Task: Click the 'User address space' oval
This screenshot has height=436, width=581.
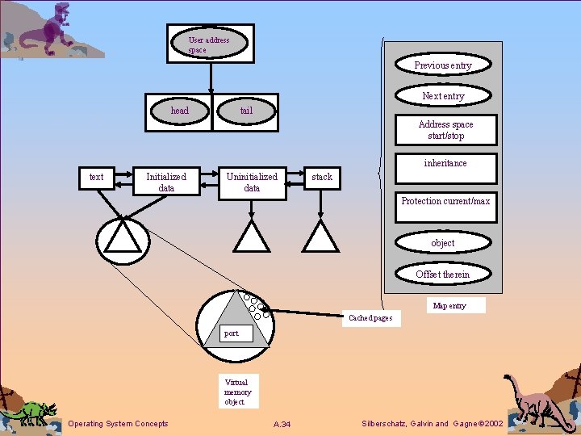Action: [x=209, y=43]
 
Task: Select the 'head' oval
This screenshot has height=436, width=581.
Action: [x=180, y=111]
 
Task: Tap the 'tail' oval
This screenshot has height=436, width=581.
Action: [x=246, y=111]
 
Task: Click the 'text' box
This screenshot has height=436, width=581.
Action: [x=97, y=178]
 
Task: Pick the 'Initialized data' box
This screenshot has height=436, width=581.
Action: [x=166, y=181]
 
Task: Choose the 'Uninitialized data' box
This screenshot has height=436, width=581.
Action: [x=253, y=183]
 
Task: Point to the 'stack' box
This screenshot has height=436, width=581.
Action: [x=322, y=178]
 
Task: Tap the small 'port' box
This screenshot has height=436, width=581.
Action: [x=236, y=333]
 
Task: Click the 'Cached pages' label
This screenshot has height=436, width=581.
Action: [x=371, y=318]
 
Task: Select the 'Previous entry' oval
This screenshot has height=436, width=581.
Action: [x=443, y=65]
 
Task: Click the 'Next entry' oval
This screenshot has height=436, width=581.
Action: [x=443, y=95]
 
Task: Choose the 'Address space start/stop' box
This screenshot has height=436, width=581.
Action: [x=446, y=130]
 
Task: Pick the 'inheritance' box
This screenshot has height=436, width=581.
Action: [x=446, y=169]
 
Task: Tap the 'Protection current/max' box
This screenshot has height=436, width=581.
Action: [x=446, y=207]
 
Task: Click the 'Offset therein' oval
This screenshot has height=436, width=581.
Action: [x=443, y=274]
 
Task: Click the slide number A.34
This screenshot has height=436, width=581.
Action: [x=282, y=424]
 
